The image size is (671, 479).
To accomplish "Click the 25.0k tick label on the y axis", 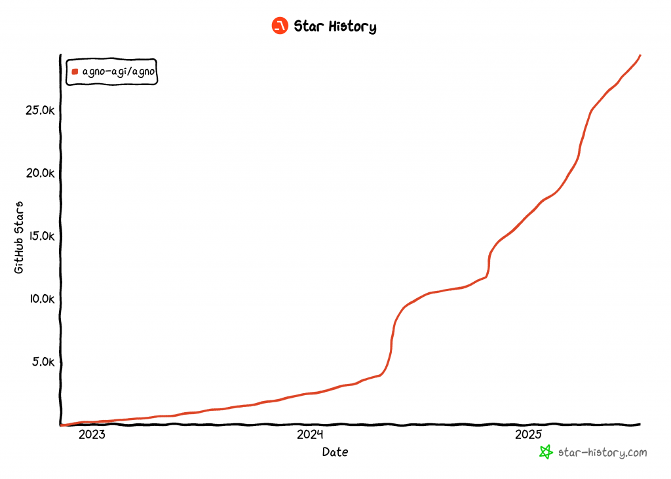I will coord(39,111).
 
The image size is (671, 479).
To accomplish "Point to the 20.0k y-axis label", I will coord(39,174).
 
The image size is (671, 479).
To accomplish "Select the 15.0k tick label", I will coord(39,236).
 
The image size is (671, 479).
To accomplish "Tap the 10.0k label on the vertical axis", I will coord(39,299).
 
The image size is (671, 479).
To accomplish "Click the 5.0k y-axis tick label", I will coord(42,362).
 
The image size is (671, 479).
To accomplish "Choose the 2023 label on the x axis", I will coord(92,434).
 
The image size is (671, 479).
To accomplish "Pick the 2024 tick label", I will coord(310,434).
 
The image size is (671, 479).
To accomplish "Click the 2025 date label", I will coord(528,434).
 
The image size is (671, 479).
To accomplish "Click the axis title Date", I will coord(335,452).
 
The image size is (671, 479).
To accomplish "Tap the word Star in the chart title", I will coord(308,27).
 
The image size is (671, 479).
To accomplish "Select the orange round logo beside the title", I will coord(280,26).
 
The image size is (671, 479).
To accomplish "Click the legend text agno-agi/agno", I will coord(119,72).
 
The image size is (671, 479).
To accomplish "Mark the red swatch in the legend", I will coord(75,72).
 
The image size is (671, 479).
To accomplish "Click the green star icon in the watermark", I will coord(545,452).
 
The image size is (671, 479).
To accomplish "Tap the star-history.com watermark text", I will coord(602,452).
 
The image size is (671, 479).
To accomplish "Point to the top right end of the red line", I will coord(640,56).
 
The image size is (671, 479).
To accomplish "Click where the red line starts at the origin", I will coord(61,425).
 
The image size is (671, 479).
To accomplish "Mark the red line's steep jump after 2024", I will coord(392,341).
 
